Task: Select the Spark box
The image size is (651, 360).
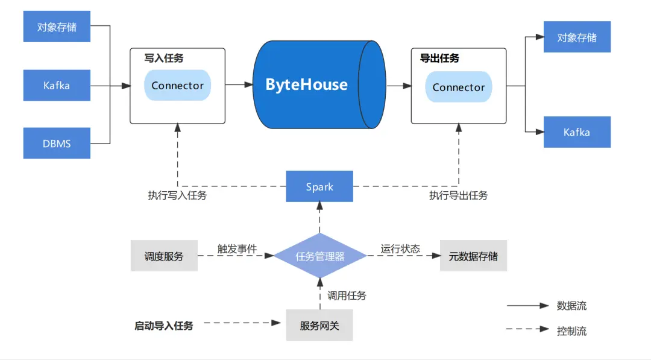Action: [319, 186]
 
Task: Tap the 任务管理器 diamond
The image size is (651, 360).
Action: [320, 256]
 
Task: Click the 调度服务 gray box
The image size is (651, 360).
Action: [164, 256]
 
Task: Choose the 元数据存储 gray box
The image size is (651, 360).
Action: [473, 256]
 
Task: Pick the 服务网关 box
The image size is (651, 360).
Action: [319, 326]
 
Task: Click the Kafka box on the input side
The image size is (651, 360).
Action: [57, 86]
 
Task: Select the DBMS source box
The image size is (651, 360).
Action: [57, 144]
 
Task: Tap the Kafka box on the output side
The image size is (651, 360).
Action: [577, 132]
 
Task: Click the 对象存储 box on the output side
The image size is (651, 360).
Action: [577, 37]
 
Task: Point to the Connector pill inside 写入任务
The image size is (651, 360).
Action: [177, 86]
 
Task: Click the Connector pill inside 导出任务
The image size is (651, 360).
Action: [459, 87]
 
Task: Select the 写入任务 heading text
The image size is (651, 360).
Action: [164, 58]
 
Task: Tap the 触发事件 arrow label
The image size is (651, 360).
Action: [237, 248]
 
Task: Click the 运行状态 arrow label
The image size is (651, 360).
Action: [400, 248]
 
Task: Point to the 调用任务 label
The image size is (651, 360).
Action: [347, 295]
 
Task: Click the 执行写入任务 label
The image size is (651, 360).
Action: [177, 195]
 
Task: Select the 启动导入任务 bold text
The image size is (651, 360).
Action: [164, 326]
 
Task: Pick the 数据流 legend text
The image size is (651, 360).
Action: [572, 306]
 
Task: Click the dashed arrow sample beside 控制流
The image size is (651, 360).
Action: [528, 330]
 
